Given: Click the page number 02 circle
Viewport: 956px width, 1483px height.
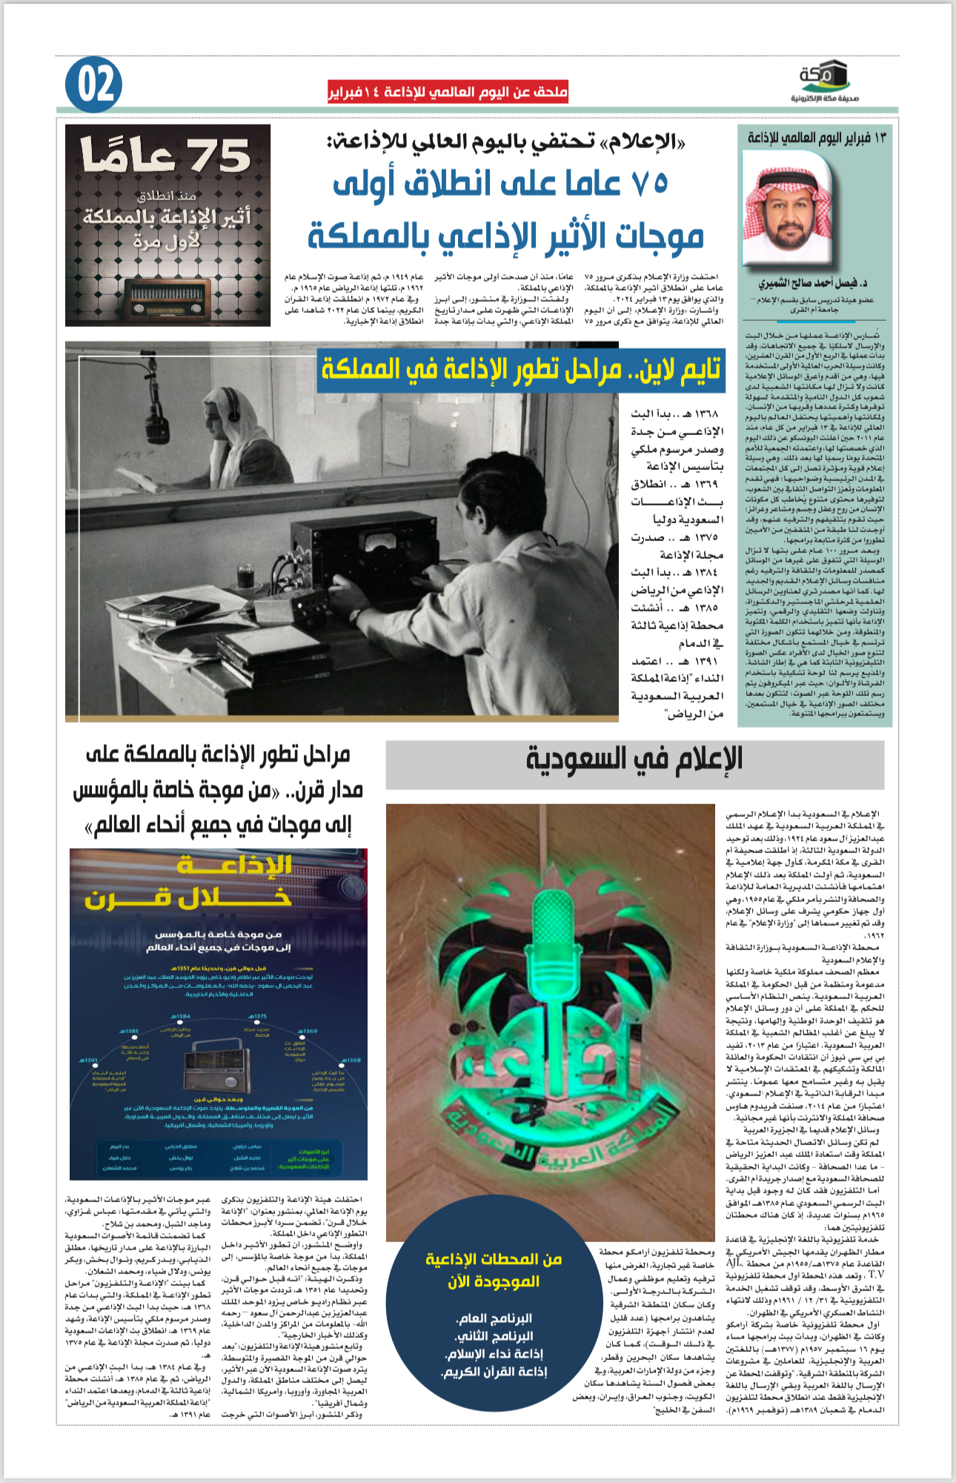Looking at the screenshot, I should pyautogui.click(x=93, y=85).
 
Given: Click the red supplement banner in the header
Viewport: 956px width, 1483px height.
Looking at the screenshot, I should pyautogui.click(x=448, y=93).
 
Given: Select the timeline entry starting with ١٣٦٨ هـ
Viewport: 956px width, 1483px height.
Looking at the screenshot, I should pyautogui.click(x=676, y=440).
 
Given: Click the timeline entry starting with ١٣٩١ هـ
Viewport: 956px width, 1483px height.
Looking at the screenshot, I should pyautogui.click(x=676, y=687).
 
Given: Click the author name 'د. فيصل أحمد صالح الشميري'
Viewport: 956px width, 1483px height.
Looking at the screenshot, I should pyautogui.click(x=813, y=283).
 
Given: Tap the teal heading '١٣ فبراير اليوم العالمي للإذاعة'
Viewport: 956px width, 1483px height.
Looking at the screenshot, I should pyautogui.click(x=816, y=138).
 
